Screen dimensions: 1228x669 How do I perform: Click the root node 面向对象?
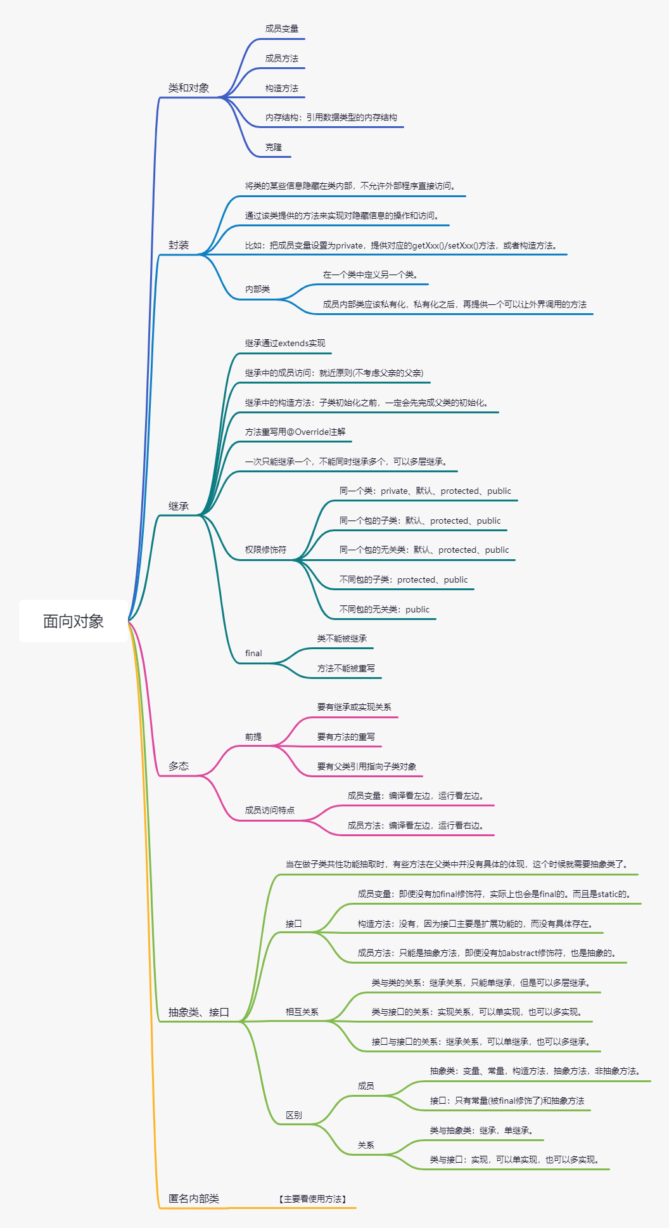(73, 621)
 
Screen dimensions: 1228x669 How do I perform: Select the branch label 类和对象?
(189, 88)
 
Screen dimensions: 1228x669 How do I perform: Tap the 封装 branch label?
(179, 245)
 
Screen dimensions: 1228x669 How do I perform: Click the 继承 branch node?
(179, 506)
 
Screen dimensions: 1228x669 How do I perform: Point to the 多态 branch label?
(179, 766)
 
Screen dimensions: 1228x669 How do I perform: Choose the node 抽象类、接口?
(198, 1012)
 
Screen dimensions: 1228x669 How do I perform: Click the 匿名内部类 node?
(194, 1199)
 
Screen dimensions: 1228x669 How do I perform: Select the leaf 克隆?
(274, 147)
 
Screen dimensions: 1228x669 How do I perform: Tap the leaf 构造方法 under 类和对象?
(282, 88)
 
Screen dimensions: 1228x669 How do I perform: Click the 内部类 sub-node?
(258, 289)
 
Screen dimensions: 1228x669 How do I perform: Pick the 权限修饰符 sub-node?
(266, 550)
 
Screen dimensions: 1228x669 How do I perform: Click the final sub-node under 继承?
(253, 654)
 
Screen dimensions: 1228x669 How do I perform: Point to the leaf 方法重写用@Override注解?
(295, 432)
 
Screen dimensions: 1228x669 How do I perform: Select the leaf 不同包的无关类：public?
(385, 609)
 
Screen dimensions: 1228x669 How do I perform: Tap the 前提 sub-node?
(253, 737)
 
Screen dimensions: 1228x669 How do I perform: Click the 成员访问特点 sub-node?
(270, 810)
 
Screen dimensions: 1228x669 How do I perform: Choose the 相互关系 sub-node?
(302, 1012)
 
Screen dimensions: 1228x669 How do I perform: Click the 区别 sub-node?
(294, 1115)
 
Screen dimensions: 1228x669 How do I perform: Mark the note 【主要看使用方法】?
(313, 1199)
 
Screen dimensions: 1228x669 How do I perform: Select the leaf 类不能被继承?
(342, 638)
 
